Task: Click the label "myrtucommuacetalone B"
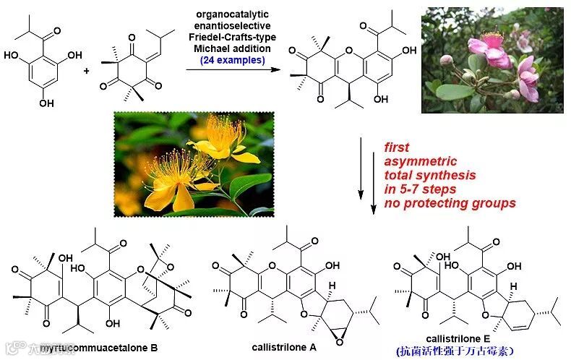tap(108, 348)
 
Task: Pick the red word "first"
tap(396, 149)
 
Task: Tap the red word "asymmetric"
tap(417, 163)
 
